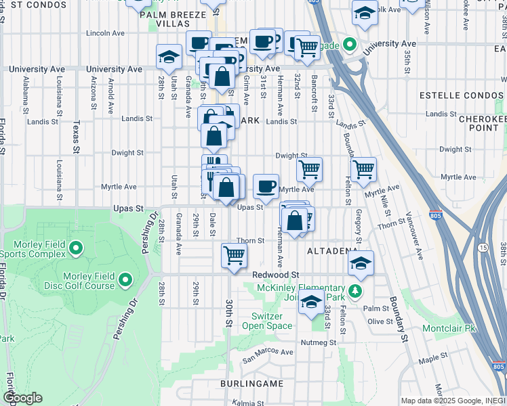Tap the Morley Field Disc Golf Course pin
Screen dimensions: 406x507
(x=125, y=278)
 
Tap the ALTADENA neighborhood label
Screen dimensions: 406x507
(x=331, y=251)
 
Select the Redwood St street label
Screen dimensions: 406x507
(x=276, y=275)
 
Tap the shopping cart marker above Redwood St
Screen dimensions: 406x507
(x=234, y=256)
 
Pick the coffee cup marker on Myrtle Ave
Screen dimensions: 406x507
(x=266, y=185)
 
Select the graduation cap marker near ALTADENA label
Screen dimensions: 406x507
(x=361, y=262)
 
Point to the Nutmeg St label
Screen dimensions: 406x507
(x=319, y=342)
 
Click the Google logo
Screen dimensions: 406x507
(x=22, y=398)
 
